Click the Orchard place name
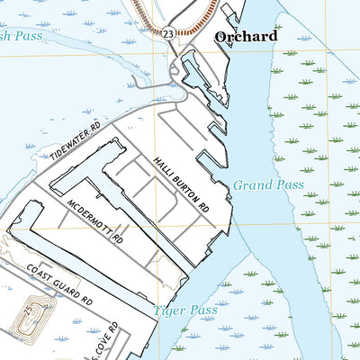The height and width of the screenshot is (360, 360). coord(247,37)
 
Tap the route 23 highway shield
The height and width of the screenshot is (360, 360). coord(169,31)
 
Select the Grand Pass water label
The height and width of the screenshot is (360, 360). coord(268,185)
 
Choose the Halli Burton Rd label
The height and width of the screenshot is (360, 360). coord(180,177)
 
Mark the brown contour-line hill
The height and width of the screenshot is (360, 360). coord(29,316)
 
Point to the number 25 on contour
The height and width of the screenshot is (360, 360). coord(30,311)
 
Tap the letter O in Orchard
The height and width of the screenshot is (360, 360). coord(222,37)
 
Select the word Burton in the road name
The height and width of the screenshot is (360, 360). coord(191,187)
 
